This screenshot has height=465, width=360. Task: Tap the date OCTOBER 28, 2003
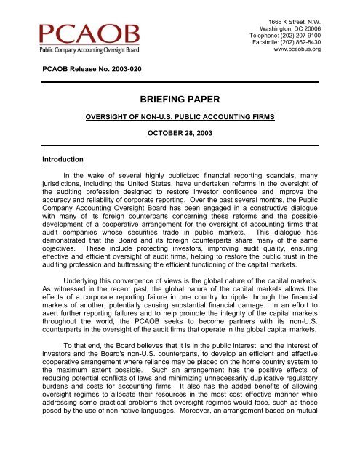(x=179, y=134)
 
